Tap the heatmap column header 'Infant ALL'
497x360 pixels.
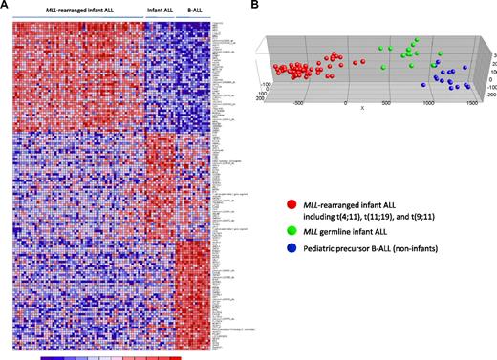click(160, 11)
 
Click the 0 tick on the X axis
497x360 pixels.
click(346, 101)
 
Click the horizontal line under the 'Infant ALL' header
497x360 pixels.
click(160, 16)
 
